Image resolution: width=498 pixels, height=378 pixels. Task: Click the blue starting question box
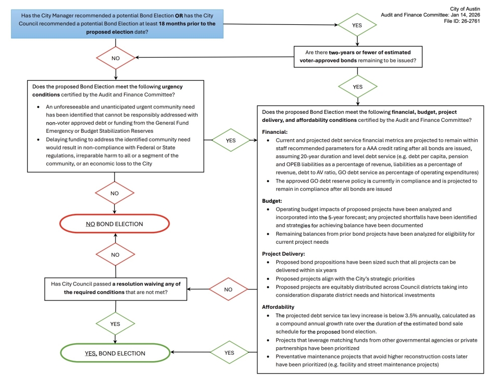tap(115, 23)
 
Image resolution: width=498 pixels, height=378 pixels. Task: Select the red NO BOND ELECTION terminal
tap(115, 224)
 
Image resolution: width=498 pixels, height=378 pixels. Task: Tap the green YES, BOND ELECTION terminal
tap(115, 353)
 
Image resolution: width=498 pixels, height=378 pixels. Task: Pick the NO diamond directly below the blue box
tap(115, 58)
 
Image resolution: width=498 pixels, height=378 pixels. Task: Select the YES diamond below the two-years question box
tap(358, 87)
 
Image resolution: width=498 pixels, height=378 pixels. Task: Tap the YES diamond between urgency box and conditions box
tap(231, 140)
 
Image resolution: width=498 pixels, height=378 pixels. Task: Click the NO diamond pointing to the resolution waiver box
tap(229, 289)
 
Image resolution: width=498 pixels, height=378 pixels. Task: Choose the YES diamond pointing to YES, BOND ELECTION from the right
tap(229, 353)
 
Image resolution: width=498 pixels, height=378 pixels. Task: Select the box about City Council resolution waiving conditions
tap(116, 288)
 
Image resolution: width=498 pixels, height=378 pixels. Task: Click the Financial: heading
tap(275, 132)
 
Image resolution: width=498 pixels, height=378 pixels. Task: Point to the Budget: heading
tap(272, 201)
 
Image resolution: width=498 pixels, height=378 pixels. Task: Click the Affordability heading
tap(278, 307)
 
